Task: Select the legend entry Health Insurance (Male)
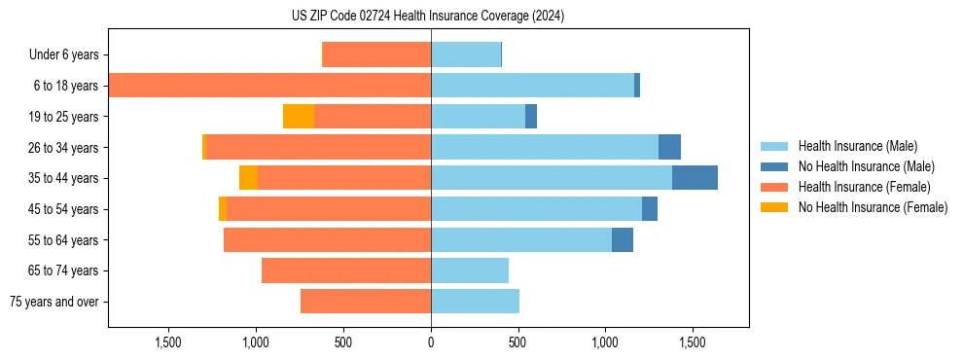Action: (857, 146)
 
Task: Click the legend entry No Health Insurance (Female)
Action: (873, 207)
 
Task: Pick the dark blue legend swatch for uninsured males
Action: (774, 166)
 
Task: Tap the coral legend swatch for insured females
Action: (774, 187)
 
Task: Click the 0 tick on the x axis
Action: (431, 342)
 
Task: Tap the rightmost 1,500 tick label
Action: (693, 342)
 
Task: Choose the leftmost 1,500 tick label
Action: (168, 342)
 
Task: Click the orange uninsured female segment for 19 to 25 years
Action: (299, 117)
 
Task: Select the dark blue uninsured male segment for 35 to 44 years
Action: (695, 178)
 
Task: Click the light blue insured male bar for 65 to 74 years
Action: (470, 270)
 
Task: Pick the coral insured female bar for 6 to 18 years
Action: (269, 86)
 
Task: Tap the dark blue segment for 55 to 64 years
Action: (623, 239)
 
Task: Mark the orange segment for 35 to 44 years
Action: (249, 178)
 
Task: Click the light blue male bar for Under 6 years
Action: (466, 54)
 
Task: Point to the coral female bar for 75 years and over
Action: (366, 302)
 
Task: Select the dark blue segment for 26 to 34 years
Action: (669, 147)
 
